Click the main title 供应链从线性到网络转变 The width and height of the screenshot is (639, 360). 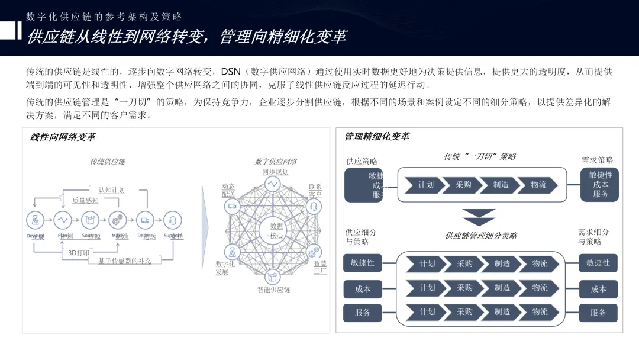pos(186,36)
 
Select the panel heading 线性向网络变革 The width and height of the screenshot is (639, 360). pos(63,137)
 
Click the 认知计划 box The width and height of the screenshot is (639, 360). pos(111,190)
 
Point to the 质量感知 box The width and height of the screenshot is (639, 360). pos(85,201)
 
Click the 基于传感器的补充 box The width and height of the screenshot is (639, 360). pos(124,261)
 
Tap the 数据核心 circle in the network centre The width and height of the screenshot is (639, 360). pos(276,231)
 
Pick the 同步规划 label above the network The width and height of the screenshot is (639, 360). pos(275,172)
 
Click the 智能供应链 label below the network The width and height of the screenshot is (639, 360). pos(273,290)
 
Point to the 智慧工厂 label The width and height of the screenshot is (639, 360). pos(320,266)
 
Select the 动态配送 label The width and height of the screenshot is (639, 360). pos(228,190)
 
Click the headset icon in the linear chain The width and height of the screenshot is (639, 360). pos(172,220)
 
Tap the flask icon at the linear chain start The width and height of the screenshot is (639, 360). pos(35,220)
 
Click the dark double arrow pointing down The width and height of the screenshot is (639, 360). pos(479,217)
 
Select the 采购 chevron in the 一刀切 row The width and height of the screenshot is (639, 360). pos(464,185)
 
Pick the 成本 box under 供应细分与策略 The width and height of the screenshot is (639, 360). pos(363,289)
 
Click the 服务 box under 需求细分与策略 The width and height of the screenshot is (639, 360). pos(598,313)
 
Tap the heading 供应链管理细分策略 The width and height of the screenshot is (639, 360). pos(481,236)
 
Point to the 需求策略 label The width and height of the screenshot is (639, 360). pos(598,160)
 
